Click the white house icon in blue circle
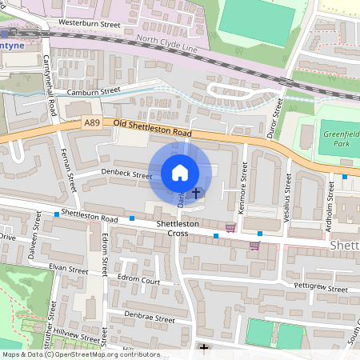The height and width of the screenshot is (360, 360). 180,172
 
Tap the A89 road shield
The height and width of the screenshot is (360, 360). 93,123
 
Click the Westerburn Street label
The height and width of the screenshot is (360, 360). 90,25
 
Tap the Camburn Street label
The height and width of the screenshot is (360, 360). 94,92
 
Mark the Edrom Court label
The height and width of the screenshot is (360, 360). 139,281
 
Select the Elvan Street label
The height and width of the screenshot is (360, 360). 68,270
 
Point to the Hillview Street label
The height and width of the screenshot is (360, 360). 77,339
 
